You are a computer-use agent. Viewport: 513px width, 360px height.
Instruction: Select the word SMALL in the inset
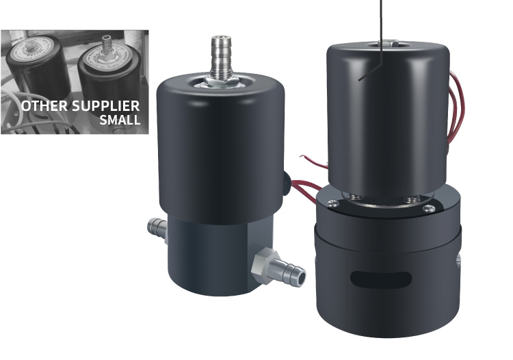120,120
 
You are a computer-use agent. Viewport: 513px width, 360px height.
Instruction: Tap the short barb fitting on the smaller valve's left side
157,227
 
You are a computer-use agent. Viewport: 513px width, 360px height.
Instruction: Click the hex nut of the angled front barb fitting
264,265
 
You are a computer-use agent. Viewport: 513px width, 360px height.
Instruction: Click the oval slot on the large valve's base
381,280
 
